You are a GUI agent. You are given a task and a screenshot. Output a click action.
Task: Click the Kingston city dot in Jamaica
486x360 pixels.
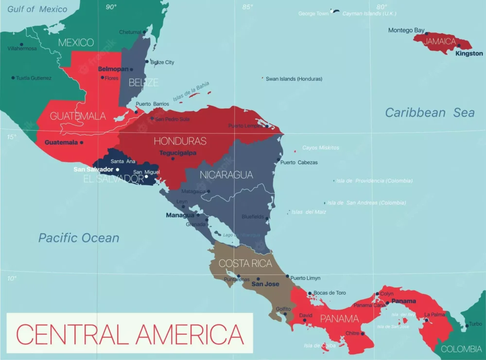pos(459,46)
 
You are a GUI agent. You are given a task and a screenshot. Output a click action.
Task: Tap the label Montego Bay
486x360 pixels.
pos(406,30)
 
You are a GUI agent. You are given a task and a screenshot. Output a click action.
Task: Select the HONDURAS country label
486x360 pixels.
pos(180,141)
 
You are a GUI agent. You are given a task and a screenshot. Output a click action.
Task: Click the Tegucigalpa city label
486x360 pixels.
pos(178,152)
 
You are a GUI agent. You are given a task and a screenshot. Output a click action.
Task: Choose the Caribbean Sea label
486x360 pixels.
pos(430,112)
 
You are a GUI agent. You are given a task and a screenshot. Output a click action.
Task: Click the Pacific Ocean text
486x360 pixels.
pos(79,238)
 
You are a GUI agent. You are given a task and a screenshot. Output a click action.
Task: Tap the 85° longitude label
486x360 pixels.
pos(247,7)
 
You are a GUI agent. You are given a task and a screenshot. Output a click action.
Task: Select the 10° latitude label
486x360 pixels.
pos(11,278)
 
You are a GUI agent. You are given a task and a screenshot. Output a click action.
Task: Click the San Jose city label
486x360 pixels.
pos(265,284)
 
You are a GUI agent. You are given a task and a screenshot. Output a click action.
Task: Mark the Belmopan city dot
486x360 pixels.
pos(131,69)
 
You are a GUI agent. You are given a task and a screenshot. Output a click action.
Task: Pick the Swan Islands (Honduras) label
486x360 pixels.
pos(294,78)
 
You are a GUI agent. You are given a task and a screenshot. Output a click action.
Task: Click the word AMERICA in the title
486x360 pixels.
pos(190,334)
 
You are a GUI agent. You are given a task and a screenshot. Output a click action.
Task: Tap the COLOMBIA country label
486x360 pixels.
pos(461,349)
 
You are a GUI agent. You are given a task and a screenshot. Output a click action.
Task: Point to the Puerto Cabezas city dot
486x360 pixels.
pos(278,159)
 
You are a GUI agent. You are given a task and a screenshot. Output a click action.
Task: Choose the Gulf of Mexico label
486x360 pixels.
pos(37,8)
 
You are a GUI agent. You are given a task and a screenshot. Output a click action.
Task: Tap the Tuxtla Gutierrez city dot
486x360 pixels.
pos(13,78)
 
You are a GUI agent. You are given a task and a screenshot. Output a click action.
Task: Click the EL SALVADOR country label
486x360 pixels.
pos(113,179)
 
